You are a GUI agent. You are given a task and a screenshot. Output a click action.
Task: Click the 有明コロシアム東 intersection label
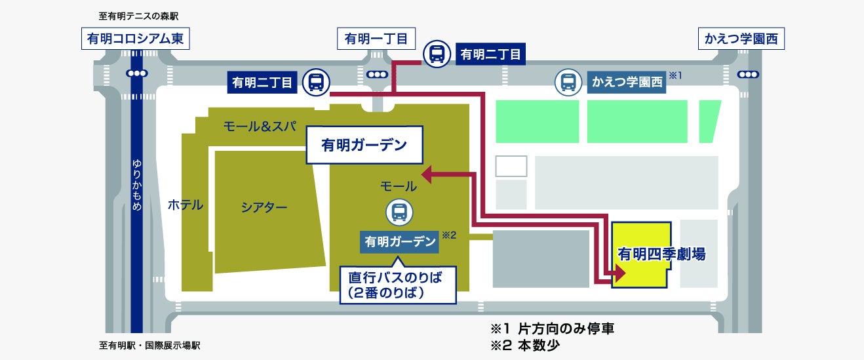[135, 39]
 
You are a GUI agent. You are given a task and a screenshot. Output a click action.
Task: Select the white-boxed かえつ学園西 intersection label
[741, 39]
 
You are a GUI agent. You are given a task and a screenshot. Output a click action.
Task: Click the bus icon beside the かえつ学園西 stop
[568, 82]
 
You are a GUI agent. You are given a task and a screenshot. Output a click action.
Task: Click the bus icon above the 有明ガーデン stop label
[399, 212]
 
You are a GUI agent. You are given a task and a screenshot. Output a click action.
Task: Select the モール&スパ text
[260, 125]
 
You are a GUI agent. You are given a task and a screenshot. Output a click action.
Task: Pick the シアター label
[264, 207]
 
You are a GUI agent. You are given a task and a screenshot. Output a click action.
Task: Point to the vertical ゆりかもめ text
[137, 185]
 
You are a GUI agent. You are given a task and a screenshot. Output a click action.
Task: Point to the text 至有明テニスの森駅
[138, 16]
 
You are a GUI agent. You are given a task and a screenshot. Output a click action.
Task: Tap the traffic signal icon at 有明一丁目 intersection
[378, 74]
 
